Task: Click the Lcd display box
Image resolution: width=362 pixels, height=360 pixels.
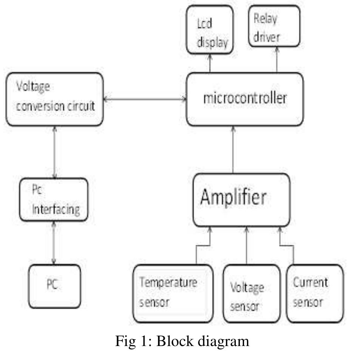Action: tap(210, 29)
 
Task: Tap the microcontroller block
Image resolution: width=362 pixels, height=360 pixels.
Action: tap(245, 99)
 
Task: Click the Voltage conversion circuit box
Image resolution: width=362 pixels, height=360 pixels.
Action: tap(54, 99)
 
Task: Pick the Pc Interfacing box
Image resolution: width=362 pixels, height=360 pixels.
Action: tap(54, 200)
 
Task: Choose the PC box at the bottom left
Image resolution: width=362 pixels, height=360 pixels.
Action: tap(54, 286)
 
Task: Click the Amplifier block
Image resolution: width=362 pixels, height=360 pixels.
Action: tap(241, 200)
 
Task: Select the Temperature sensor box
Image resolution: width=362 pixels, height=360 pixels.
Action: tap(173, 293)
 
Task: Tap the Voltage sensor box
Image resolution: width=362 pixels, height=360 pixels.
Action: tap(251, 293)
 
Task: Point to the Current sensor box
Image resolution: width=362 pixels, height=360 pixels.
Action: tap(315, 293)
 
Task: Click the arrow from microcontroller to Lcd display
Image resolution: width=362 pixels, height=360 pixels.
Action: tap(210, 63)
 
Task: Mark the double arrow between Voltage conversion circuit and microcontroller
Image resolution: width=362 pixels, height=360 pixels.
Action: tap(145, 99)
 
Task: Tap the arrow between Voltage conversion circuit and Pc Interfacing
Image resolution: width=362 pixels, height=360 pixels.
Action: tap(55, 152)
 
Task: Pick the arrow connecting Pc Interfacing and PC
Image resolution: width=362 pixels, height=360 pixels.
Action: tap(54, 243)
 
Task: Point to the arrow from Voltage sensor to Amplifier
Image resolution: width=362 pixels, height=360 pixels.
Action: tap(247, 246)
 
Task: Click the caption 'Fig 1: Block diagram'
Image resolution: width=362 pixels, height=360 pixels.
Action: tap(182, 341)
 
